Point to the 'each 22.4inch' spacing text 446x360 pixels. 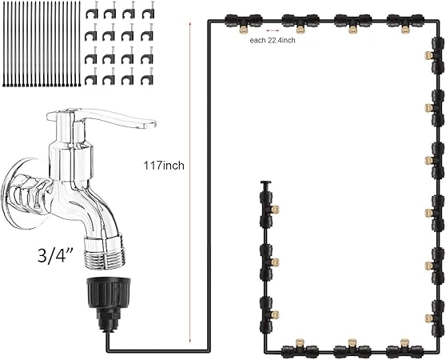click(x=272, y=40)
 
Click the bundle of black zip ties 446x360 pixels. click(x=41, y=44)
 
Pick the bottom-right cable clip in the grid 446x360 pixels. click(x=148, y=78)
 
